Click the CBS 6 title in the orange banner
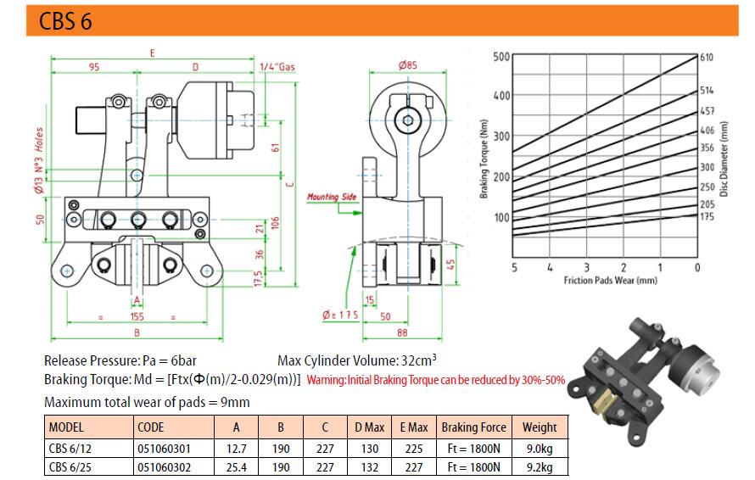(65, 21)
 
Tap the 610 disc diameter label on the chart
(707, 58)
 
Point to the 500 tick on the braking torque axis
(501, 57)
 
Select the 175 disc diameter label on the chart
(707, 216)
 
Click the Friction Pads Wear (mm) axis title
(610, 280)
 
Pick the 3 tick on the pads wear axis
(586, 267)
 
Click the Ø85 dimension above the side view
(407, 65)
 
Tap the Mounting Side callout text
(332, 197)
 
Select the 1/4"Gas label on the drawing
(277, 66)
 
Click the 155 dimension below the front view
(137, 316)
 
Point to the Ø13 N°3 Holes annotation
(39, 160)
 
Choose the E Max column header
(414, 427)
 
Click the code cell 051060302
(165, 467)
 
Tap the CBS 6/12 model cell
(70, 449)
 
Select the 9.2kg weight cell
(540, 467)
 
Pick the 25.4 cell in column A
(237, 467)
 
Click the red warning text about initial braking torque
(436, 380)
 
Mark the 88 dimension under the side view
(402, 332)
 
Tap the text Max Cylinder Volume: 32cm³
(357, 360)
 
